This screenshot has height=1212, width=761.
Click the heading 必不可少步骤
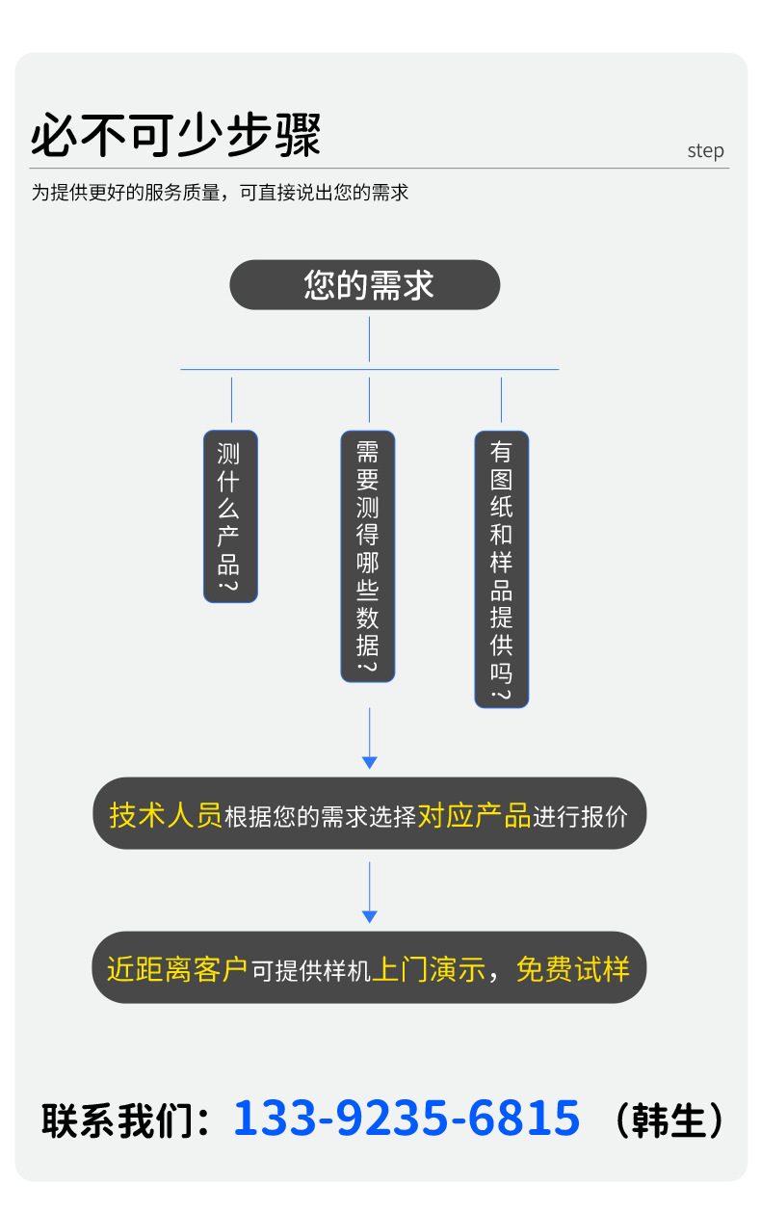click(175, 136)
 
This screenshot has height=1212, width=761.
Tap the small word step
click(705, 151)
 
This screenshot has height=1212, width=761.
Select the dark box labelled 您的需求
click(365, 285)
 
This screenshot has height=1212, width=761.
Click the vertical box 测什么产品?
click(230, 516)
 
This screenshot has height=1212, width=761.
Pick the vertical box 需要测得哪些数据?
click(368, 556)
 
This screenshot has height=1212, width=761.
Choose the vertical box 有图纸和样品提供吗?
click(501, 568)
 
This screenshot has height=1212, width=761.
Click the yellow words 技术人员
click(166, 815)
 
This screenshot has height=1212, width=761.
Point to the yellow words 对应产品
click(474, 815)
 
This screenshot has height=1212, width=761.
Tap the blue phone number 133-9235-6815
click(407, 1119)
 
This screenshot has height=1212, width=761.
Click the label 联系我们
click(116, 1121)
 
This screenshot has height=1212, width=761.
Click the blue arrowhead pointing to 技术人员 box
click(369, 762)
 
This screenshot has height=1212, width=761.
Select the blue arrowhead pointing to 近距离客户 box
click(369, 916)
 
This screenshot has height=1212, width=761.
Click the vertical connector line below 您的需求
click(369, 339)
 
